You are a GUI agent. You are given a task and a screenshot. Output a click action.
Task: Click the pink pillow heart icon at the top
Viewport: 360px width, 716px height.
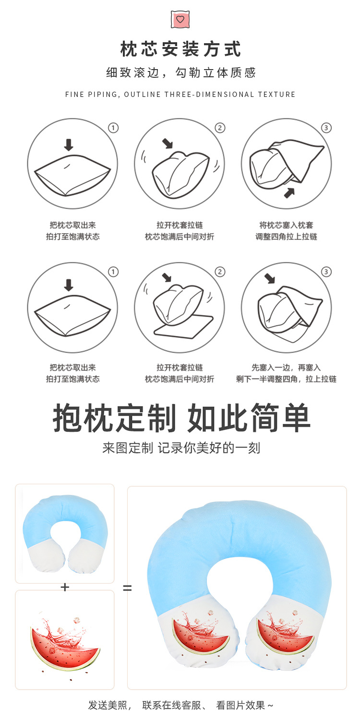(180, 19)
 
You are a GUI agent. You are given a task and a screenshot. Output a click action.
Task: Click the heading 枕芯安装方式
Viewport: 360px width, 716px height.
(180, 49)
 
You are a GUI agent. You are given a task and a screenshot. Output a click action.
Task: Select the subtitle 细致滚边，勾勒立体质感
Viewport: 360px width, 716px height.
(180, 73)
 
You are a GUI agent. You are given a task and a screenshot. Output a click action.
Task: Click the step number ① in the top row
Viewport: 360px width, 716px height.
(113, 128)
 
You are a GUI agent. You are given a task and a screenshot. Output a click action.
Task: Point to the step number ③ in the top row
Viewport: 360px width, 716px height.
(326, 128)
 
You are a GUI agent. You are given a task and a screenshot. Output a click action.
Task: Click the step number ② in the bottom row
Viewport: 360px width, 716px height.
(220, 272)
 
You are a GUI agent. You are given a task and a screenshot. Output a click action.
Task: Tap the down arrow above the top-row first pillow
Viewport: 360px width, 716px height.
(69, 144)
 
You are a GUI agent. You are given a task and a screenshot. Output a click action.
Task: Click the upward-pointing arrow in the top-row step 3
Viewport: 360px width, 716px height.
(290, 192)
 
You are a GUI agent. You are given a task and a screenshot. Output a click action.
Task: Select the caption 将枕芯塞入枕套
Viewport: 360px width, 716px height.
(286, 225)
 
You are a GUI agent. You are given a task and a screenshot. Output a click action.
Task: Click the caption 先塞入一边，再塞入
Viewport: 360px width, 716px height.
(286, 368)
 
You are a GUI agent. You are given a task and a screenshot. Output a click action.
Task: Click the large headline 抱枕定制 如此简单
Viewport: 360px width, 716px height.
(181, 418)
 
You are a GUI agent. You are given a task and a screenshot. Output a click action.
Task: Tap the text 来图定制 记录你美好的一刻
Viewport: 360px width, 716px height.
(181, 448)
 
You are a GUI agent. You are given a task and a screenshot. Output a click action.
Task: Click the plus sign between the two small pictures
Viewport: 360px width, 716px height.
(65, 587)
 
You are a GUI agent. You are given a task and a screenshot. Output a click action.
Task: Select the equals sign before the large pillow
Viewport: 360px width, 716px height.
(127, 587)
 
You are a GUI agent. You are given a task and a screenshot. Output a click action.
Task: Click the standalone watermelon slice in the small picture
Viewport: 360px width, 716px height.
(65, 645)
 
